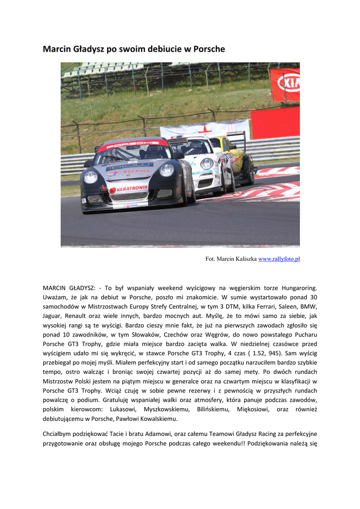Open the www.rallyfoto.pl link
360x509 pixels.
click(x=279, y=259)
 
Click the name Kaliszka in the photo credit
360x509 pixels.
click(x=245, y=259)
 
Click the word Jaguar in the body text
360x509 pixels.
click(x=52, y=316)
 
